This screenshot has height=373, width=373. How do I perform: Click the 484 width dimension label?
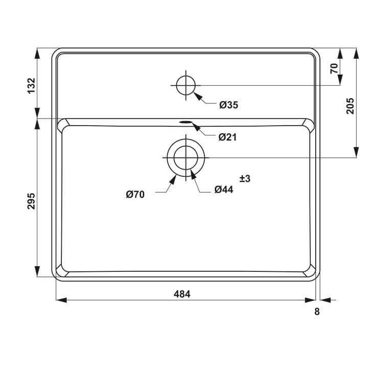(182, 294)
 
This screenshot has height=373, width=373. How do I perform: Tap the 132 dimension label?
(31, 86)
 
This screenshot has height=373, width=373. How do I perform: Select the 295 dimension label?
(31, 201)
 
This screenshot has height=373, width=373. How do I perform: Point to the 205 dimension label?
(350, 106)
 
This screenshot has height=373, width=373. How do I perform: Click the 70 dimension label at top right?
(334, 68)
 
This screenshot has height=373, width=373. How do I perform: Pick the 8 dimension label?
(317, 312)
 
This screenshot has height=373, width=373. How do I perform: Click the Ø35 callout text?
(228, 105)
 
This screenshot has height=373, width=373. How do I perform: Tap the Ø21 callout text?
(228, 137)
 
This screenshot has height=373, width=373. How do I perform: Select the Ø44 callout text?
(224, 190)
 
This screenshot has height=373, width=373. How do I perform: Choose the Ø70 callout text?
(135, 195)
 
